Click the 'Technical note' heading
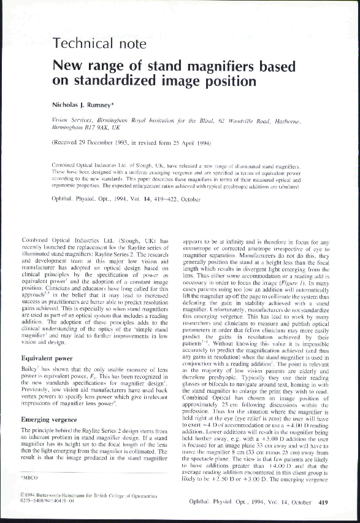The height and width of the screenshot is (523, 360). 100,43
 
